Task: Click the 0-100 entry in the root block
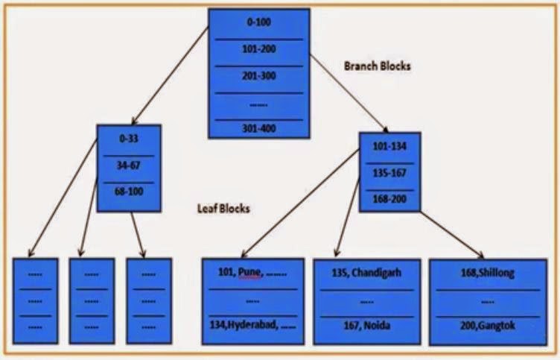point(258,22)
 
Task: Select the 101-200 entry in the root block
point(258,50)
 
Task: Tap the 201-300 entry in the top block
point(258,76)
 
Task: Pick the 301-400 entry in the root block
point(258,128)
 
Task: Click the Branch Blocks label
point(378,66)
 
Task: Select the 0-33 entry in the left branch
point(128,139)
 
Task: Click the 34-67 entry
point(128,165)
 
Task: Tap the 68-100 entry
point(128,192)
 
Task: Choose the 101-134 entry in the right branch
point(389,146)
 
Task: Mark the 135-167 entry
point(389,172)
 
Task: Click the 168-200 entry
point(389,198)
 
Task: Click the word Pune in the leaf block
point(249,273)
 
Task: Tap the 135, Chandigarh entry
point(366,272)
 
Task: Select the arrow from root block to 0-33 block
point(170,75)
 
